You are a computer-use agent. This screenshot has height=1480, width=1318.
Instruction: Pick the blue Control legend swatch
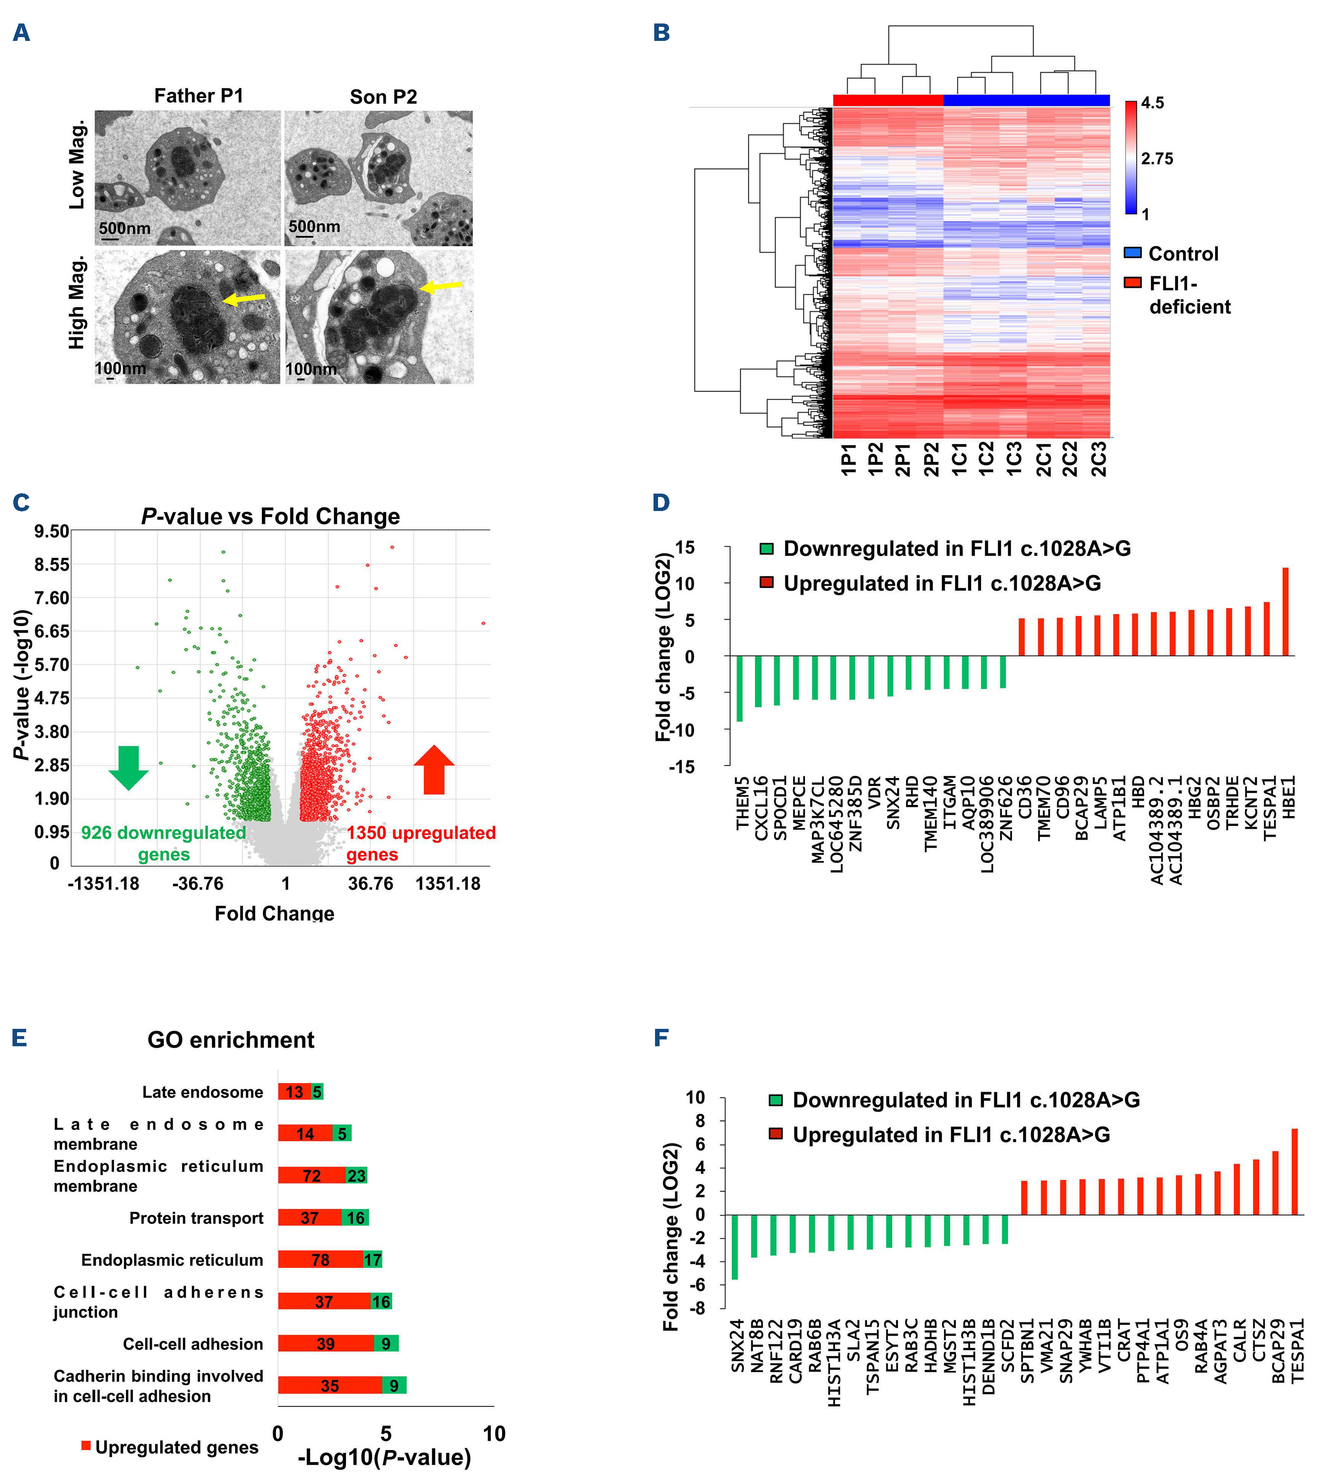click(1132, 253)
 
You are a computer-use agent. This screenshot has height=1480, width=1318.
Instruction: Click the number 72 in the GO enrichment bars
click(311, 1176)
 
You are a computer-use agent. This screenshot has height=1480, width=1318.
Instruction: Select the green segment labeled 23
click(356, 1176)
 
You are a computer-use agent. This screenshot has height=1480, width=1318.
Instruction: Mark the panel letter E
click(20, 1038)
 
